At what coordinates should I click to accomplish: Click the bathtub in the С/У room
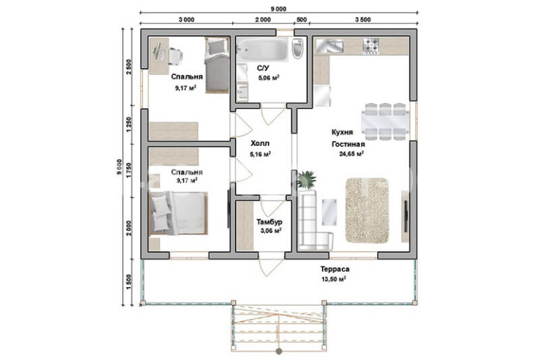point(263,50)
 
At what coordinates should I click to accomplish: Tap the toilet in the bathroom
point(297,48)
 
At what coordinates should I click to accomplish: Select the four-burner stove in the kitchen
point(371,46)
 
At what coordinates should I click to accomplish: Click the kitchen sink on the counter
point(330,46)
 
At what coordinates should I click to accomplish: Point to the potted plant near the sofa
point(306,180)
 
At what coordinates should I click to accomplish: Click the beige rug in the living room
point(367,211)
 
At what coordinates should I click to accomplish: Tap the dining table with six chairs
point(385,121)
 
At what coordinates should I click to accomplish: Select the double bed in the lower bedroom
point(178,213)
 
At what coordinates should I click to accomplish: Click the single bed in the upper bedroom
point(217,65)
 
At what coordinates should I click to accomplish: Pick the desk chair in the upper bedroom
point(175,56)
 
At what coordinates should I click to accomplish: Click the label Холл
point(260,143)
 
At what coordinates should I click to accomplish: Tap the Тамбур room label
point(269,222)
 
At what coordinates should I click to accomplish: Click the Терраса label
point(335,269)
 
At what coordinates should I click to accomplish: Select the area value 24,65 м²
point(351,154)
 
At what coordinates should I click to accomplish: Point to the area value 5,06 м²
point(269,78)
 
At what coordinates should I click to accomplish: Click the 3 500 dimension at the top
point(363,20)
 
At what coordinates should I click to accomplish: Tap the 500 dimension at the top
point(302,20)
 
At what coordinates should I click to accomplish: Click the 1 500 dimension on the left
point(129,282)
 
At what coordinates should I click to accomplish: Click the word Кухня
point(342,133)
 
